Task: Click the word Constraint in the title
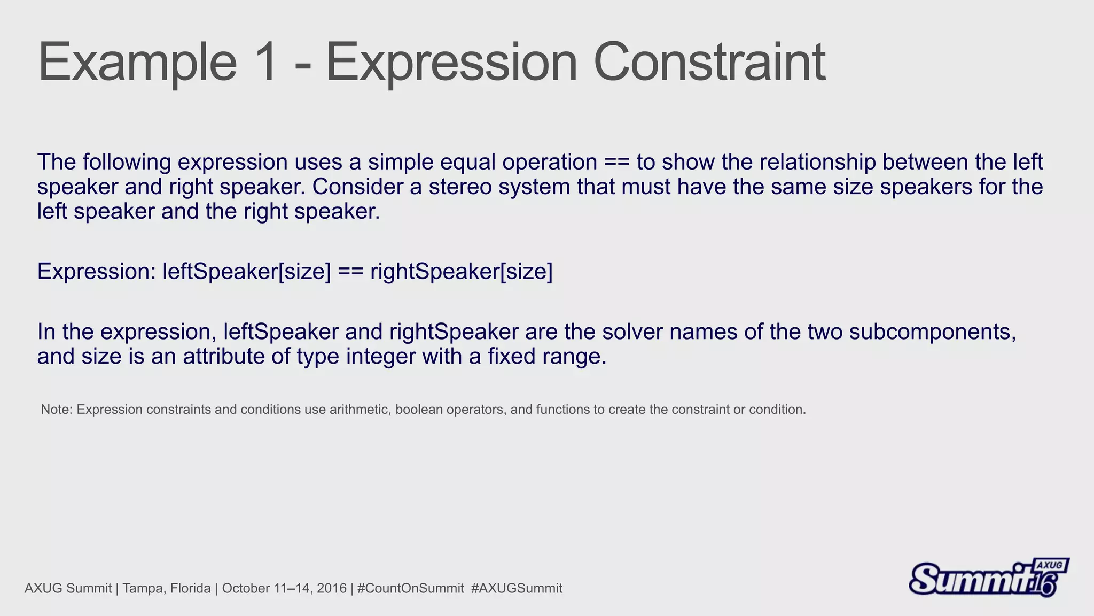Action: (709, 63)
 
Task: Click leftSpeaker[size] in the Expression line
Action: (247, 272)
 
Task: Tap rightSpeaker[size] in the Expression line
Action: (461, 272)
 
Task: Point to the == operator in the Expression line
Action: (350, 272)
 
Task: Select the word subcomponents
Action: (932, 332)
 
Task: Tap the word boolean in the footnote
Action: (419, 410)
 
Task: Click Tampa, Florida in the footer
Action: (167, 589)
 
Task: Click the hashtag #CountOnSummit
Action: (410, 589)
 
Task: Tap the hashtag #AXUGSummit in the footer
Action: (517, 589)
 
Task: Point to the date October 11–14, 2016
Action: (284, 589)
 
